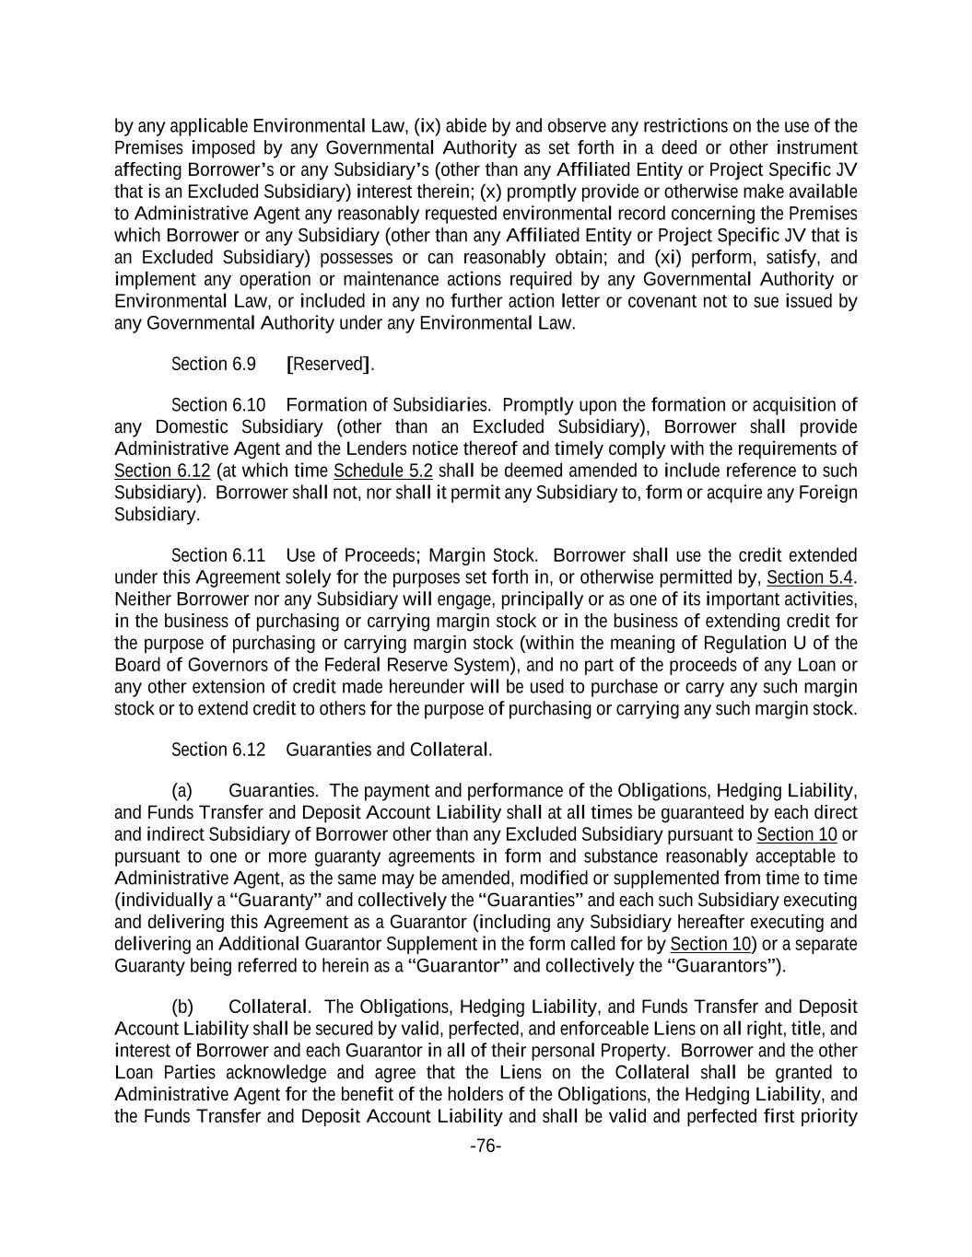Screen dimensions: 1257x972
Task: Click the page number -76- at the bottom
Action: [486, 1146]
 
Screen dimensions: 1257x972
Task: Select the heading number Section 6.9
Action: [214, 364]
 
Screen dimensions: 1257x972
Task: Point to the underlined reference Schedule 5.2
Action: [382, 471]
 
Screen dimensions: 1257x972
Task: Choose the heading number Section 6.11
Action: [218, 555]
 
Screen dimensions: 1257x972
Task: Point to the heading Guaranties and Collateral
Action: [389, 750]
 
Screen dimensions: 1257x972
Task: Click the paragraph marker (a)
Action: [182, 790]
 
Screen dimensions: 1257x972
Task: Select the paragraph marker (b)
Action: [182, 1007]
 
